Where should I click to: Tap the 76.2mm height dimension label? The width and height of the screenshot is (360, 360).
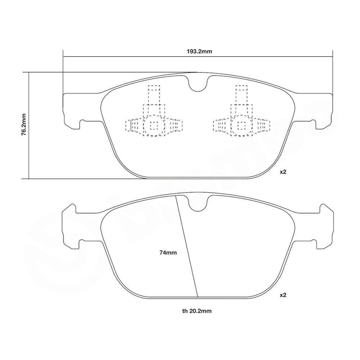pos(23,124)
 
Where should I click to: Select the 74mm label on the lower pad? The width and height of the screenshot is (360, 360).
pos(168,253)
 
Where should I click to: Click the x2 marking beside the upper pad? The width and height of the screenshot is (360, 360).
pos(283,172)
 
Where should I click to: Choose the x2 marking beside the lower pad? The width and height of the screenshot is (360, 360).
pos(283,295)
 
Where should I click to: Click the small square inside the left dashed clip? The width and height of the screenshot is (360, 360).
pos(154,125)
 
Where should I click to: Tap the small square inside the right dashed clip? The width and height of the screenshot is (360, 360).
pos(241,125)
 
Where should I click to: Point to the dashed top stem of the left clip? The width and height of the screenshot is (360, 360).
pos(154,94)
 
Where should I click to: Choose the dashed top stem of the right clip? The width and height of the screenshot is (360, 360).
pos(241,94)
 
